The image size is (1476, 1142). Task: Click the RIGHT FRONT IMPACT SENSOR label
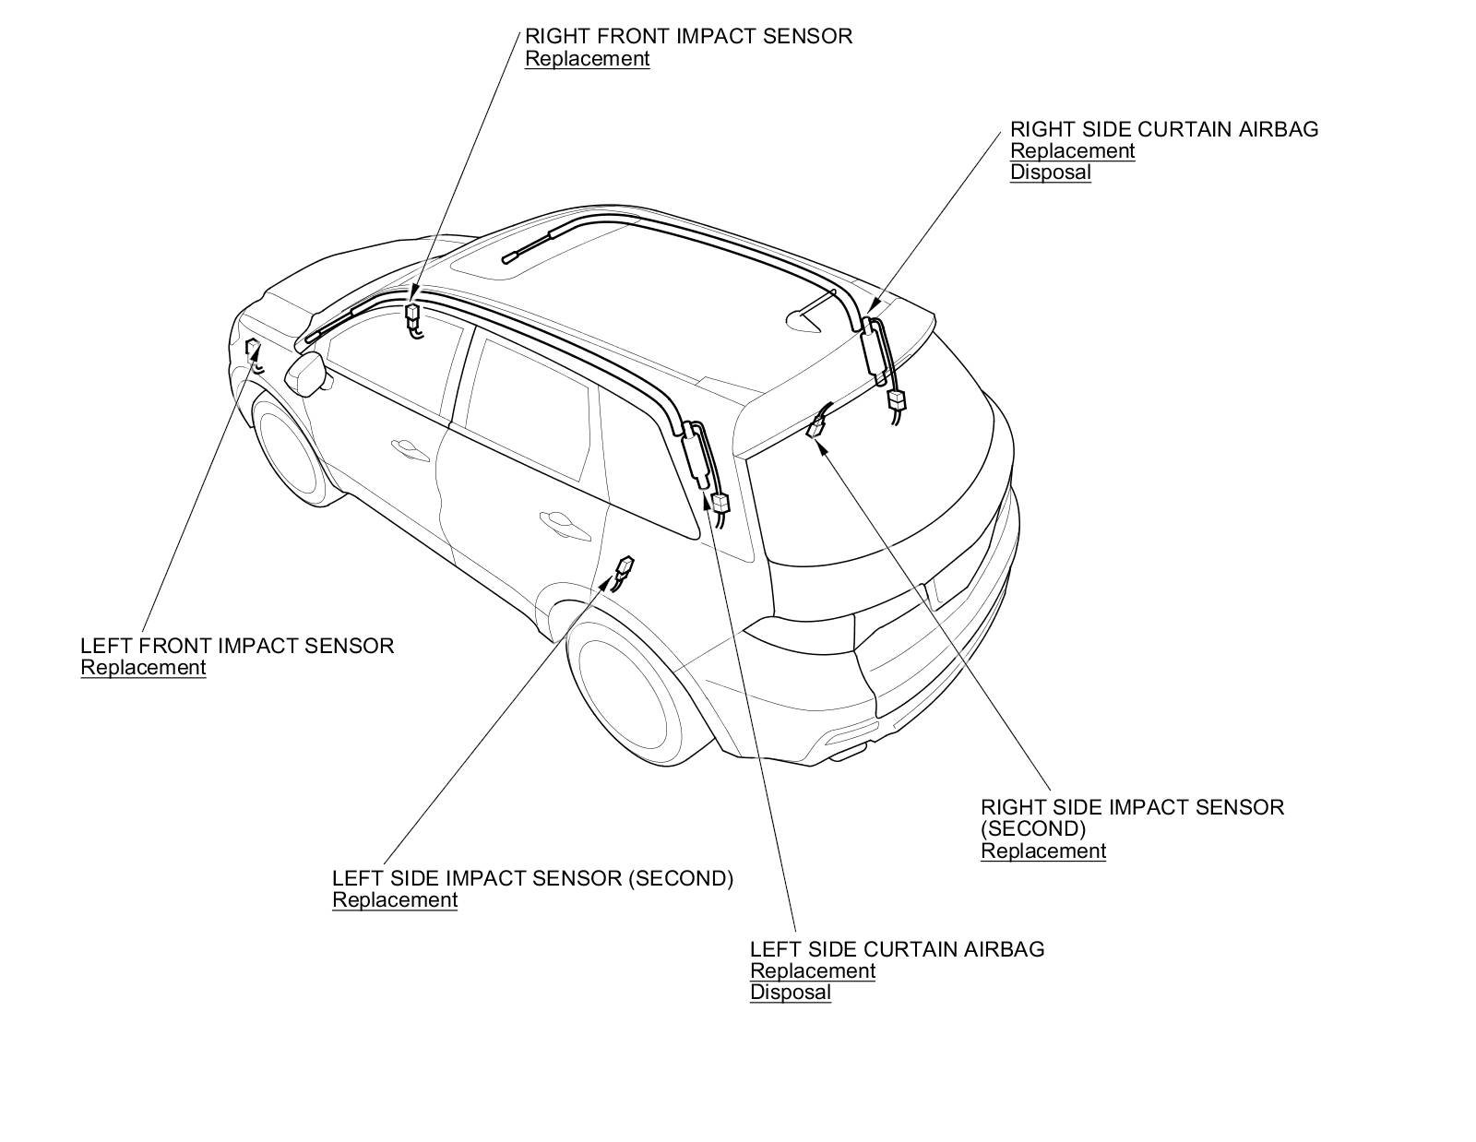(688, 37)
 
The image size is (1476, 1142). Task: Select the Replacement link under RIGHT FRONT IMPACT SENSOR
(587, 59)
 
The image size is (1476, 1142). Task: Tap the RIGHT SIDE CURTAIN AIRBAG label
(1164, 129)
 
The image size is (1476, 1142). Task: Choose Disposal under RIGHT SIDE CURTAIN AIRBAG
(1050, 172)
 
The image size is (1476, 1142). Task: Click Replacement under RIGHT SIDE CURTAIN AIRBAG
(1072, 151)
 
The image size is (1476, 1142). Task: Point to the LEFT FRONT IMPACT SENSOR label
(237, 646)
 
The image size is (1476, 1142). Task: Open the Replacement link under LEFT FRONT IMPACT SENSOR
(143, 668)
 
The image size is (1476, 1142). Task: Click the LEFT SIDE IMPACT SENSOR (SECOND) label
(532, 878)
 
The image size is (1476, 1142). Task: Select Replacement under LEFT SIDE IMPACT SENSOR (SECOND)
(395, 900)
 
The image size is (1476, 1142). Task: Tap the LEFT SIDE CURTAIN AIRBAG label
(897, 949)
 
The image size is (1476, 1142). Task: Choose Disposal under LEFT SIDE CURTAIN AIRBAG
(790, 993)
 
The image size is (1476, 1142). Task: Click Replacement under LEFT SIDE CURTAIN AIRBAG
(812, 971)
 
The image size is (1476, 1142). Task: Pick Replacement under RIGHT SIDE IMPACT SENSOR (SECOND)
(1042, 851)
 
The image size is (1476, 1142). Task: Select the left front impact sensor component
(252, 349)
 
